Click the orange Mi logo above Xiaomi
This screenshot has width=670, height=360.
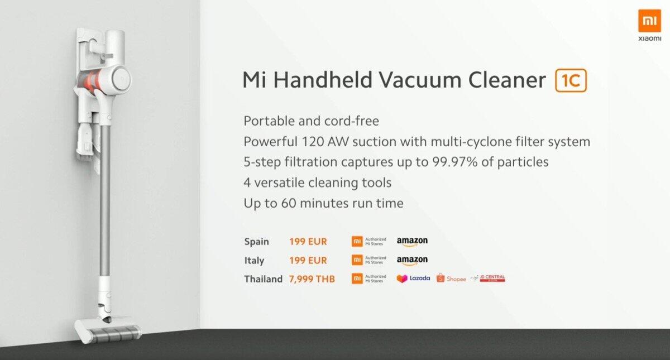[x=649, y=21]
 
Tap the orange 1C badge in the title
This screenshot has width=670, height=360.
[x=571, y=80]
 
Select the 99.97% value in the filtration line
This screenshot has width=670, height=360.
[x=454, y=162]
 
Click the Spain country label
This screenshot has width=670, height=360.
[x=256, y=241]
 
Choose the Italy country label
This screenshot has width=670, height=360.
[x=254, y=261]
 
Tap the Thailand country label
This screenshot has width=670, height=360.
[x=263, y=279]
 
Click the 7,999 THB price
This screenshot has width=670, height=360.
[x=312, y=279]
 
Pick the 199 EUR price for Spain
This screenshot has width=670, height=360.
[x=308, y=241]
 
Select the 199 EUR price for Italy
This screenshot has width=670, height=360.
[x=308, y=260]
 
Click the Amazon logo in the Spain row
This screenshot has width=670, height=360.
[x=412, y=242]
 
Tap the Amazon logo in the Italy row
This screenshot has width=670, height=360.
[x=412, y=261]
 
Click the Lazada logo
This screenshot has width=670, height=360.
[x=413, y=279]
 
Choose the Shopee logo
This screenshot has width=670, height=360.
[x=451, y=279]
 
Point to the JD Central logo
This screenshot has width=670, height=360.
[x=488, y=279]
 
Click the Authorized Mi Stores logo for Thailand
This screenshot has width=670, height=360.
[x=369, y=279]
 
